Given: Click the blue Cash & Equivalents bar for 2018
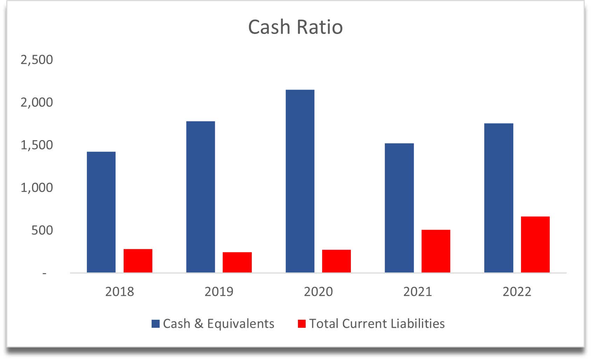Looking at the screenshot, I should [101, 212].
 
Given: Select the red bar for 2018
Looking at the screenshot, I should [138, 261].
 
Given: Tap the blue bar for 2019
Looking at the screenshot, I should [201, 197].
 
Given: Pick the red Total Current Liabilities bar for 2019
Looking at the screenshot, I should [237, 262].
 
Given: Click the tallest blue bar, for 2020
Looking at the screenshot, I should [300, 181].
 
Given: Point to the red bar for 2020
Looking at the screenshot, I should [336, 261].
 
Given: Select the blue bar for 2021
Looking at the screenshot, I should [399, 208].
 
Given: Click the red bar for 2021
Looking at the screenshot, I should [436, 251].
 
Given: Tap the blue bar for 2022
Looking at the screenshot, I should [499, 198].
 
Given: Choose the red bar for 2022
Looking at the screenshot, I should [535, 244].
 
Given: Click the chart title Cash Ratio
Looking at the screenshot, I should [295, 27].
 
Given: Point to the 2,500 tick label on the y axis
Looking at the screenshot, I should [37, 60].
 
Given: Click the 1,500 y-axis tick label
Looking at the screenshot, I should [37, 145].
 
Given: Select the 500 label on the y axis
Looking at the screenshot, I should [42, 230].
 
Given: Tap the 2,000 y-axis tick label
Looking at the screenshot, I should [37, 102].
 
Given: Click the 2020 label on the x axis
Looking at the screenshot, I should [318, 291].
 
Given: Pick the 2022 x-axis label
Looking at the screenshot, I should [517, 291].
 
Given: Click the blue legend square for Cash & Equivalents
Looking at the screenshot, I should [155, 324].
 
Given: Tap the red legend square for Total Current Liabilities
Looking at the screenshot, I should [302, 324].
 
